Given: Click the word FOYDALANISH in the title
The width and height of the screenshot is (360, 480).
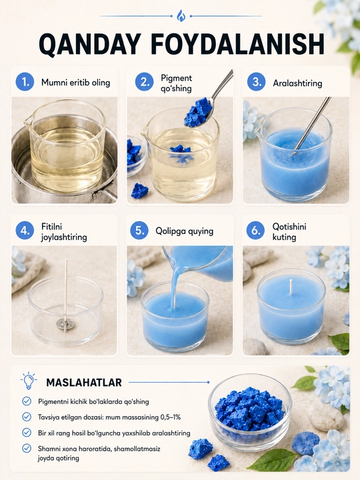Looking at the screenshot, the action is (237, 45).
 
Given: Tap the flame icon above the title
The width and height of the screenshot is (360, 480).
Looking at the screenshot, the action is (181, 15).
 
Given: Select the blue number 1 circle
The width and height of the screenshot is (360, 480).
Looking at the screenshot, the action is (25, 82).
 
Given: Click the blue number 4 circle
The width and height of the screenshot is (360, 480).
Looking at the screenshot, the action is (25, 230).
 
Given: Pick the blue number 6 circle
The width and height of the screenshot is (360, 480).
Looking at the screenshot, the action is (255, 230).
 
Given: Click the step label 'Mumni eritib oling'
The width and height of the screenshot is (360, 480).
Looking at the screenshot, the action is (75, 83).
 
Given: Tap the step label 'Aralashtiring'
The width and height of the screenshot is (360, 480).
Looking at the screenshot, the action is (297, 83).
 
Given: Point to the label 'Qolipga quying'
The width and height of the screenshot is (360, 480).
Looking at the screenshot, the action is (184, 231).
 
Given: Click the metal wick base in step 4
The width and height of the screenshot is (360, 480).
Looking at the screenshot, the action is (65, 323).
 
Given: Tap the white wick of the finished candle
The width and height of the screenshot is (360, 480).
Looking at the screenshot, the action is (291, 286).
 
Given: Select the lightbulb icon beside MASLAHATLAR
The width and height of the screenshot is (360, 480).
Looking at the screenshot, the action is (29, 381).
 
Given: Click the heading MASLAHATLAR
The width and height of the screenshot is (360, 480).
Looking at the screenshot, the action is (84, 383).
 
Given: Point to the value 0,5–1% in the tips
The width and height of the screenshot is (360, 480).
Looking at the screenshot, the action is (170, 417).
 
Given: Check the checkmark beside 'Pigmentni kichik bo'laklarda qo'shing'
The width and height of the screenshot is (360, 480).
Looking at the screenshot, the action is (27, 401).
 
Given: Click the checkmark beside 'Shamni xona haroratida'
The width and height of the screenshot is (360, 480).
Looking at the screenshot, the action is (27, 448).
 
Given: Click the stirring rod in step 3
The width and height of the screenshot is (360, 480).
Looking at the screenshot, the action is (311, 125).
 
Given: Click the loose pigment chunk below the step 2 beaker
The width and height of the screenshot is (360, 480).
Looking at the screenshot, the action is (139, 191).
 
